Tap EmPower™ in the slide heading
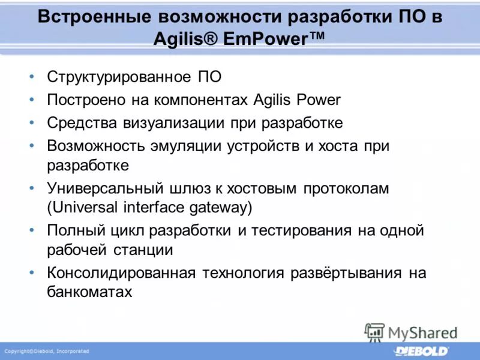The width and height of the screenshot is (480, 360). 276,41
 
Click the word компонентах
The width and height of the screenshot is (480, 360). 198,100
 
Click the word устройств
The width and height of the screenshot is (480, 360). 259,146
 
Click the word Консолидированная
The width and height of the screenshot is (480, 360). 122,273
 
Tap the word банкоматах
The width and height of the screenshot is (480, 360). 89,292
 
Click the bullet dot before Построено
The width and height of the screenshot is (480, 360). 31,100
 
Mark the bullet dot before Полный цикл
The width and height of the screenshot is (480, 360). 31,230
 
